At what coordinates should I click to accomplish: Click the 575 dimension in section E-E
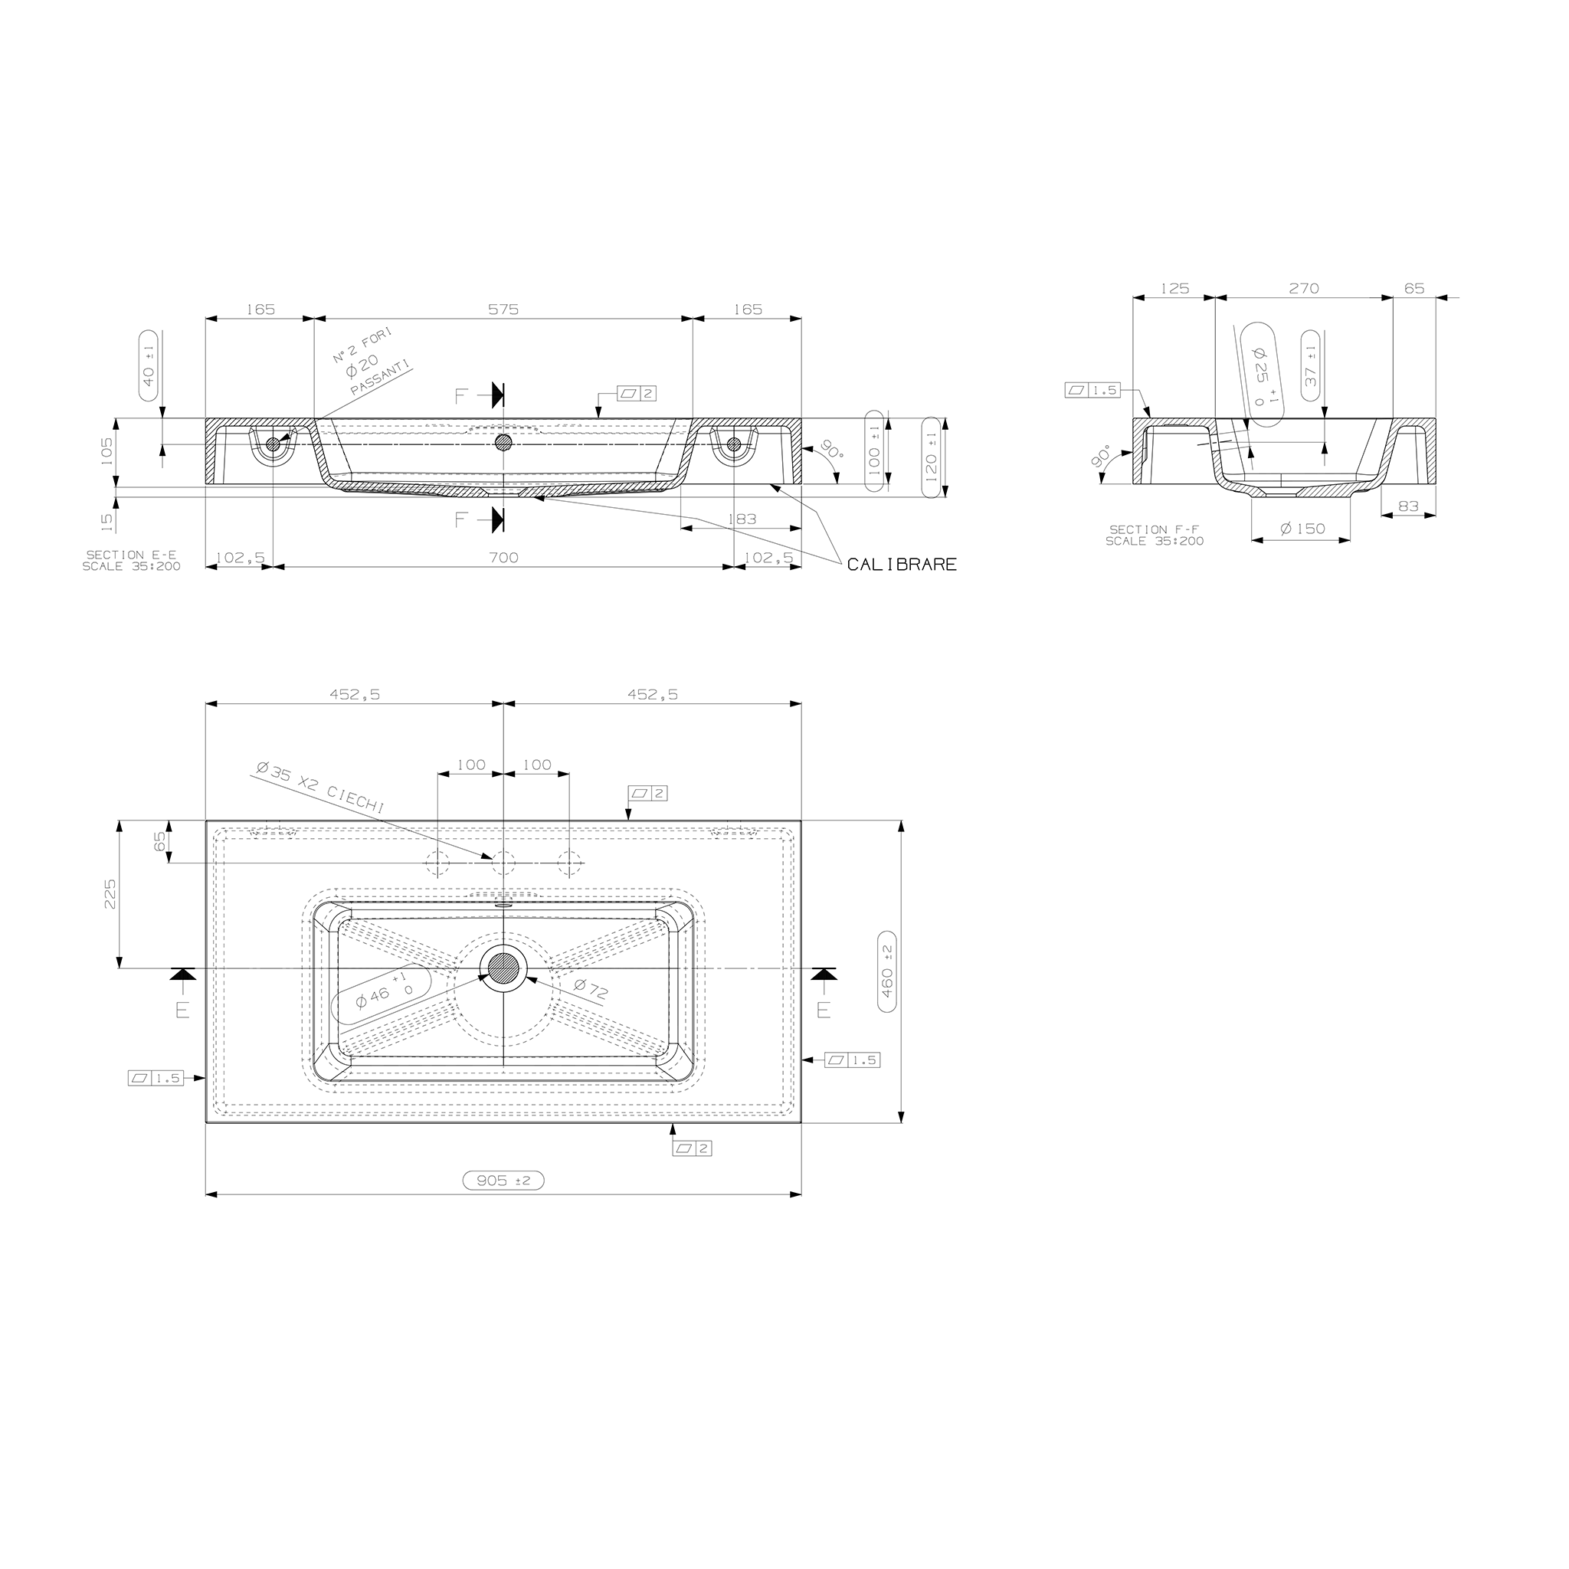point(503,310)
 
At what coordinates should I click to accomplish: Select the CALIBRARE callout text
point(902,565)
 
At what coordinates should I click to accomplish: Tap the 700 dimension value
point(503,558)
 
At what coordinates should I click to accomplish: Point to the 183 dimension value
point(742,519)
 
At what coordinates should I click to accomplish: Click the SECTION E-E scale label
point(132,560)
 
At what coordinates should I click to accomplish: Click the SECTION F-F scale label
point(1155,536)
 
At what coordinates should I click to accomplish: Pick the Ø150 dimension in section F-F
point(1302,529)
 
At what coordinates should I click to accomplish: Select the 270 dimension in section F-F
point(1304,288)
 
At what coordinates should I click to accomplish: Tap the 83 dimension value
point(1408,506)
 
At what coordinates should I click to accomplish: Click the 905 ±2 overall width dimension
point(503,1180)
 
